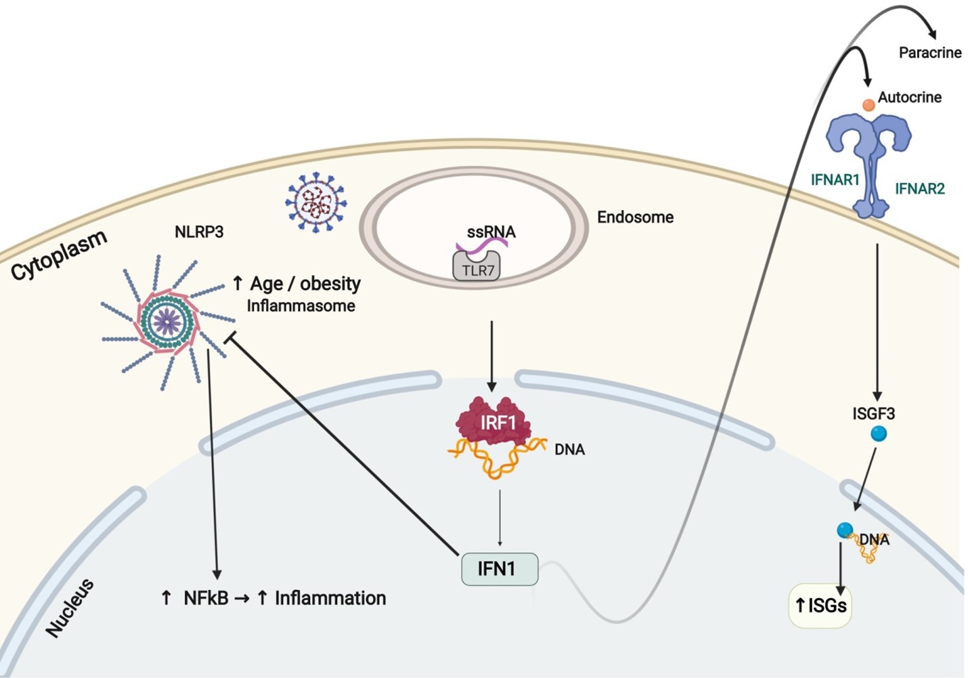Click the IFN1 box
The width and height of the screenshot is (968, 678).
(x=500, y=569)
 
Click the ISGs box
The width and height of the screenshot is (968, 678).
(x=820, y=605)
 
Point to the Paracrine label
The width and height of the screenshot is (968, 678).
(x=929, y=53)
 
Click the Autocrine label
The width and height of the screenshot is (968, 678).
(x=909, y=98)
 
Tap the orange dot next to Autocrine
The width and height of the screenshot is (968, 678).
(x=868, y=105)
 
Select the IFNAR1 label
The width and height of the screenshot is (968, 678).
(x=835, y=180)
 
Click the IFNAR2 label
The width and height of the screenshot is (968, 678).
(x=919, y=189)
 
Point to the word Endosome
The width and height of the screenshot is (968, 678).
(x=635, y=217)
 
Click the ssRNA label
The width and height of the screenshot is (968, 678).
(x=491, y=232)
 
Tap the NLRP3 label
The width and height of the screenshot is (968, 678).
(x=199, y=232)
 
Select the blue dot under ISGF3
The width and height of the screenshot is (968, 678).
(x=879, y=433)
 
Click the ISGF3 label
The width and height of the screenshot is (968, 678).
(x=873, y=413)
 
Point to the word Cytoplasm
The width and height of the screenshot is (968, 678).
(x=60, y=255)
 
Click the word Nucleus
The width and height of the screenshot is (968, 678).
(x=70, y=608)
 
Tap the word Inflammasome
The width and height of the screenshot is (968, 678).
(x=301, y=306)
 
